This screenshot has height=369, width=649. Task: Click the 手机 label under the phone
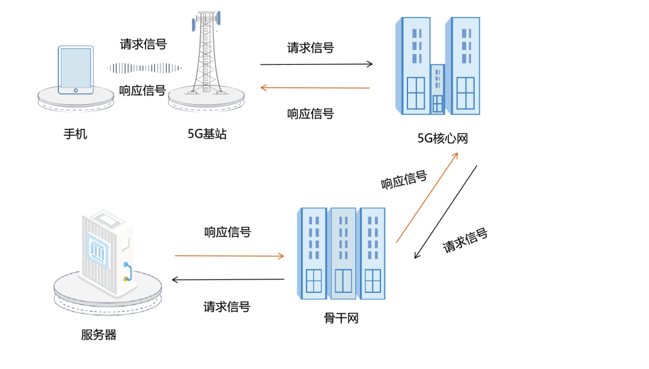coord(75,134)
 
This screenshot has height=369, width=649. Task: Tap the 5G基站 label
coord(207,134)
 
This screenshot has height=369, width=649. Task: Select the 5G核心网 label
coord(442,138)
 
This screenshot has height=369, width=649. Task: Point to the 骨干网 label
coord(341,318)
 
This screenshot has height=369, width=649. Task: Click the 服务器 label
coord(99,335)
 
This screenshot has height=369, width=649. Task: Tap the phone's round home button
coord(76,91)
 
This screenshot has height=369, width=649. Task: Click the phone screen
coord(76,68)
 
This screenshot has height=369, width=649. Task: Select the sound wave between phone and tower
coord(144,68)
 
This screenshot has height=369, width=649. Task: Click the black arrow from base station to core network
coord(317,64)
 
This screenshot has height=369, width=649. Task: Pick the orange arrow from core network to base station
coord(315,88)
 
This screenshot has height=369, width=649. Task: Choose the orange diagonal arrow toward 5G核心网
coord(427,197)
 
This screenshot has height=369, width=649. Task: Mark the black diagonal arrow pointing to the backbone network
coord(446,212)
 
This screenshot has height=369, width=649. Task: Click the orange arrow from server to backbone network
coord(230,256)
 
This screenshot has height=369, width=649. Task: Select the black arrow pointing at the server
coord(228,280)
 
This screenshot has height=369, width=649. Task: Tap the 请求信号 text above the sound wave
coord(143,44)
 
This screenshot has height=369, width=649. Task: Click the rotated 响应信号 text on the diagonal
coord(404,180)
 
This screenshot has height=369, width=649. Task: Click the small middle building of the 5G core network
coord(437,89)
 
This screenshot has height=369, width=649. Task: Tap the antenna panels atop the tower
coord(206,20)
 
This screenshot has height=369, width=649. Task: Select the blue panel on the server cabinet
coord(97,250)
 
